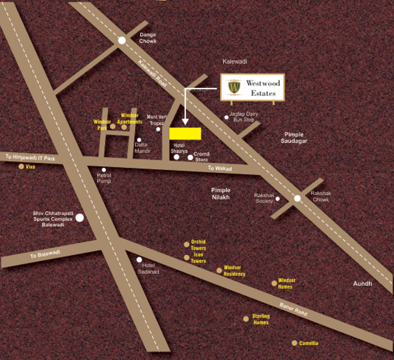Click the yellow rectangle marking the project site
coord(185,133)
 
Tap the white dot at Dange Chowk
coord(122,40)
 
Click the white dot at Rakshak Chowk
coord(297,198)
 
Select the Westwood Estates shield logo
coord(234,87)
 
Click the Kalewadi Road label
coord(152,73)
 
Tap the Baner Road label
coord(293,309)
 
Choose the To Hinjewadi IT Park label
coord(30,157)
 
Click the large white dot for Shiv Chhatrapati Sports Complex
coord(80,218)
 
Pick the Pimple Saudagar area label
coord(294,138)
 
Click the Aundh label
coord(362,283)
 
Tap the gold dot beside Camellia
coord(294,343)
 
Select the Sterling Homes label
coord(261,319)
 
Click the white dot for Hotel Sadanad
coord(139,259)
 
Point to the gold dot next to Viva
coord(21,166)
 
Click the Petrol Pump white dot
coord(104,170)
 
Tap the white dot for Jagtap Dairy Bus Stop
coord(226,117)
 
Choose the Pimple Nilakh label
coord(221,193)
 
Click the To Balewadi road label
coord(45,254)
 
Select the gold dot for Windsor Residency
coord(219,271)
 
